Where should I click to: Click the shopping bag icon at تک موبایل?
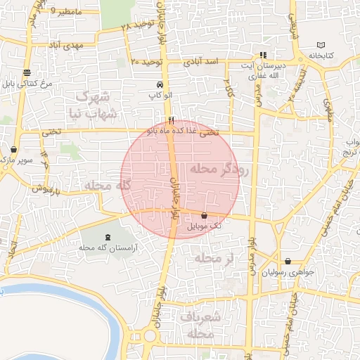click(204, 215)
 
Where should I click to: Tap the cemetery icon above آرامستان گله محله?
click(107, 238)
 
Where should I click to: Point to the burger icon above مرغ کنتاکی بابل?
click(27, 72)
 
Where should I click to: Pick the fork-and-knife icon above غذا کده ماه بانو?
click(171, 120)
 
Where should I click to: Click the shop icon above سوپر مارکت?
click(14, 150)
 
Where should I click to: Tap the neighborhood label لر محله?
click(214, 259)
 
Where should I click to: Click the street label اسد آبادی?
click(202, 62)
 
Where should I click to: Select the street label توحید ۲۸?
click(137, 25)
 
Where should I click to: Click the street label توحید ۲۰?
click(146, 61)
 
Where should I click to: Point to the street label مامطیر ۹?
click(66, 12)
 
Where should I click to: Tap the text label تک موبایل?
click(205, 226)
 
